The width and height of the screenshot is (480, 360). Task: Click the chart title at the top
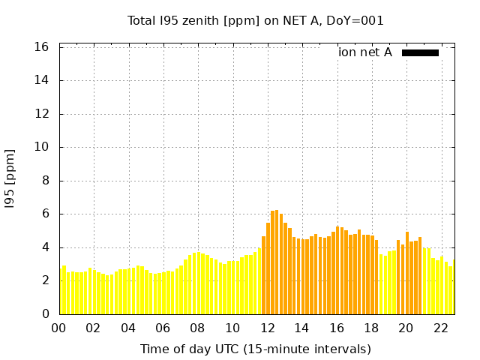(x=255, y=21)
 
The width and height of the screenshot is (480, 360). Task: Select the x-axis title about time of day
(x=255, y=349)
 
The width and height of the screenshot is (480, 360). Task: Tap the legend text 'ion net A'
(x=365, y=52)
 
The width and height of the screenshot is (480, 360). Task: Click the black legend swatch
(x=420, y=52)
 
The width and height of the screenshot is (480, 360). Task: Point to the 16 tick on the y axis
(x=42, y=47)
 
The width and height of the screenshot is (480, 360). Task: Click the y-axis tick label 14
(x=42, y=80)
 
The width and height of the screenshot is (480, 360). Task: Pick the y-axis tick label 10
(x=42, y=147)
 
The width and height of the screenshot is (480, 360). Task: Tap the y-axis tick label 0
(x=45, y=313)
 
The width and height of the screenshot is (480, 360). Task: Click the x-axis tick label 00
(x=58, y=328)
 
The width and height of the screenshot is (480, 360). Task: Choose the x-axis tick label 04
(x=128, y=328)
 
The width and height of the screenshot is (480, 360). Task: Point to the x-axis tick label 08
(x=197, y=328)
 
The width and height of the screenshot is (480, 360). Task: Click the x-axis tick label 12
(x=267, y=328)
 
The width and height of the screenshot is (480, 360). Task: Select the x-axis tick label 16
(x=336, y=328)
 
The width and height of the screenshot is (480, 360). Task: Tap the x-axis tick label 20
(x=406, y=328)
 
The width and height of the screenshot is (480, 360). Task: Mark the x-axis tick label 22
(x=440, y=328)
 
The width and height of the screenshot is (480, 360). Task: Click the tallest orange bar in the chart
(x=277, y=262)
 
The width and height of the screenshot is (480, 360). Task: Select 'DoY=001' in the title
(x=358, y=21)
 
